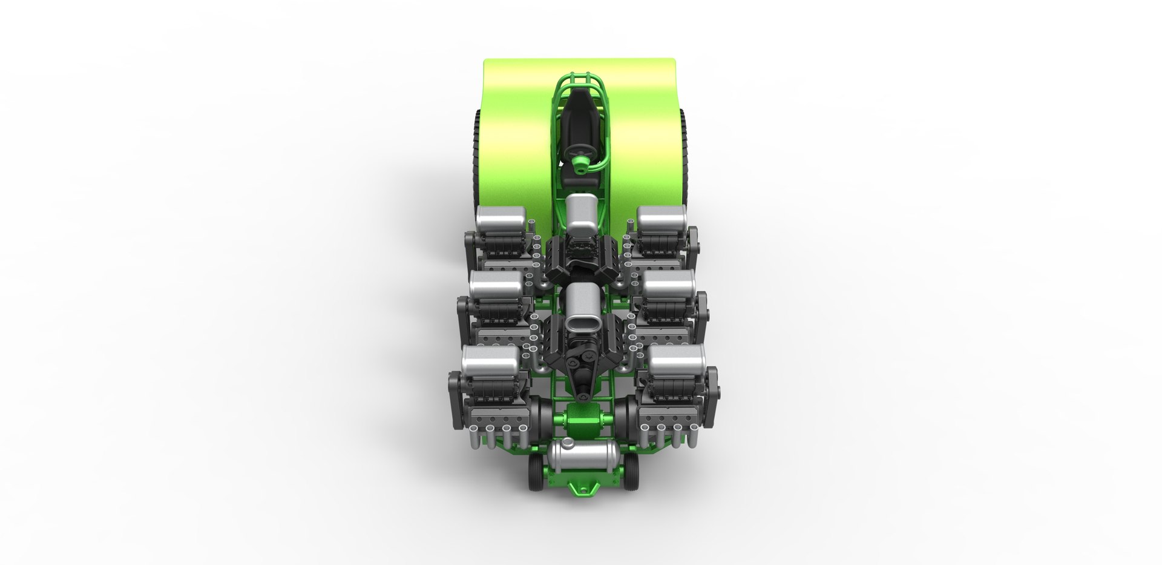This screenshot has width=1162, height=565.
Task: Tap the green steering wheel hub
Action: (580, 162)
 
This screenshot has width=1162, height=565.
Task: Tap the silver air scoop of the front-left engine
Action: (490, 361)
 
